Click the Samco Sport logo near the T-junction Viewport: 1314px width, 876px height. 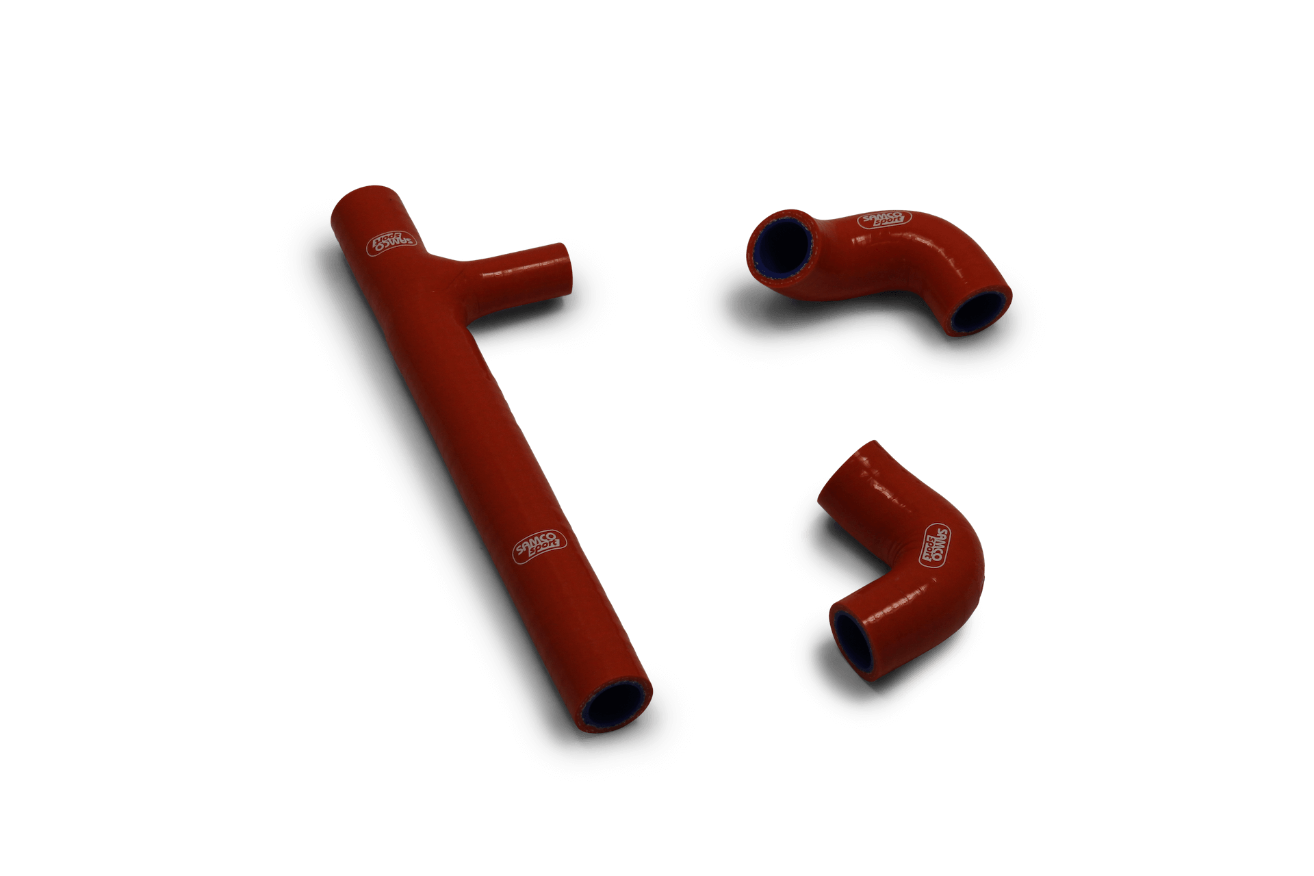pos(392,242)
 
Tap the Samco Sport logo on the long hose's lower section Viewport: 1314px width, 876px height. pos(540,547)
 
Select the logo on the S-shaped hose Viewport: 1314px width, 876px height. pos(884,220)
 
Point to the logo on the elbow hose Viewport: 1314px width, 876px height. pos(935,545)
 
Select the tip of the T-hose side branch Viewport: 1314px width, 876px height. pos(563,268)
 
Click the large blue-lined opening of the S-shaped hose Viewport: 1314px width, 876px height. pos(782,248)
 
